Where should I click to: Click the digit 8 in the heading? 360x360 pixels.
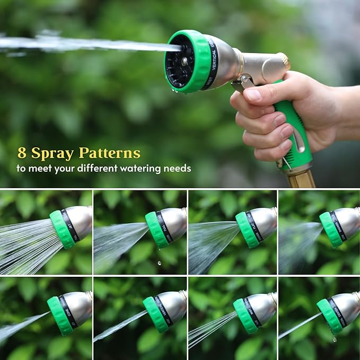coord(22,154)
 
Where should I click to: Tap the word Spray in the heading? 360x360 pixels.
coord(52,154)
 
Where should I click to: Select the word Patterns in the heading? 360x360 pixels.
coord(109,154)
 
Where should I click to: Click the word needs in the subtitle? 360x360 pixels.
coord(179,169)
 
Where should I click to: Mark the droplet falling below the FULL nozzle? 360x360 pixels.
coord(160,262)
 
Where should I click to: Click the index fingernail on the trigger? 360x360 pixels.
coord(253,95)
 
